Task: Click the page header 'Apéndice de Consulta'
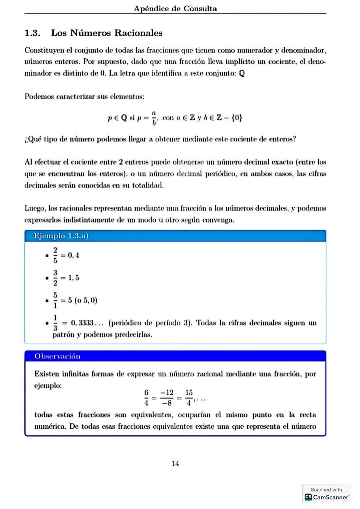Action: pyautogui.click(x=175, y=9)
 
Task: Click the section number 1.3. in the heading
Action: pyautogui.click(x=32, y=33)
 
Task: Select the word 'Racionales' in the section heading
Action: pyautogui.click(x=138, y=33)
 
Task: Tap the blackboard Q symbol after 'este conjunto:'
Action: pyautogui.click(x=242, y=73)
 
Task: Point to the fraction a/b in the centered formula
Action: pyautogui.click(x=154, y=118)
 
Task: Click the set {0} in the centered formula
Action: pyautogui.click(x=237, y=118)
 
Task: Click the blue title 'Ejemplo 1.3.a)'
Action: pyautogui.click(x=61, y=236)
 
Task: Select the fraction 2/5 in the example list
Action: pyautogui.click(x=55, y=255)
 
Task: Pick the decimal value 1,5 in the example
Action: pyautogui.click(x=74, y=278)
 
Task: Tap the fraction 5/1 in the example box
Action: pyautogui.click(x=55, y=300)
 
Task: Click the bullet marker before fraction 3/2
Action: pyautogui.click(x=47, y=278)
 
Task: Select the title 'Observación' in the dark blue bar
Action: pyautogui.click(x=57, y=356)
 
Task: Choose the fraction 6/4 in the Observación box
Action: pyautogui.click(x=146, y=398)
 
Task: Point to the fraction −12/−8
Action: pyautogui.click(x=167, y=398)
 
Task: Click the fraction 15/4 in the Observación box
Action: pyautogui.click(x=189, y=398)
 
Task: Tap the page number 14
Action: pyautogui.click(x=175, y=463)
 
